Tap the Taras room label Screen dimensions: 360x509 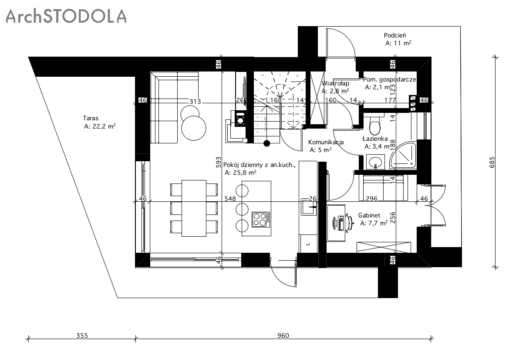coord(91,118)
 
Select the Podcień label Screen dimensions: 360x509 coord(395,35)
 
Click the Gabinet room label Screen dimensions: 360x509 coord(369,215)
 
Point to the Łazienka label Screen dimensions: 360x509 coord(375,139)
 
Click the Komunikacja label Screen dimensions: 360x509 coord(326,142)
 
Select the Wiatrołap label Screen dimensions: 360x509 coord(336,83)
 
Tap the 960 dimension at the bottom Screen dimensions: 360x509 coord(283,336)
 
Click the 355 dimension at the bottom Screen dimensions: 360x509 coord(82,336)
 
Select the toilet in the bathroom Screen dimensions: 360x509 coord(374,126)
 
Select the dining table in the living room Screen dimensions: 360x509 coord(194,208)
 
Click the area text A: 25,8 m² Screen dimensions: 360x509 coord(240,173)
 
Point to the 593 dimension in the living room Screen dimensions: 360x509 coord(219,162)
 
